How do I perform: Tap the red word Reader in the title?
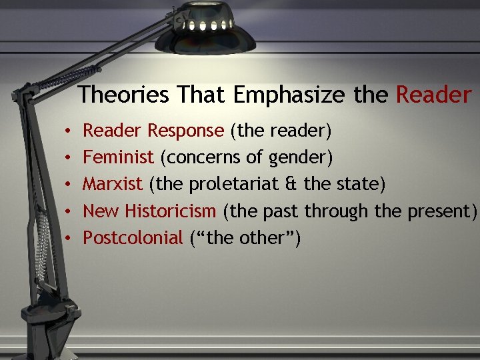pyautogui.click(x=433, y=95)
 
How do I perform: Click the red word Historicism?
pyautogui.click(x=169, y=211)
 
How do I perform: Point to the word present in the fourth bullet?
pyautogui.click(x=440, y=212)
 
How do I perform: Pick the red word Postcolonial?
pyautogui.click(x=132, y=237)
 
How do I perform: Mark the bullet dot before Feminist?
pyautogui.click(x=69, y=158)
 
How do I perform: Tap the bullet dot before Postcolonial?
pyautogui.click(x=69, y=238)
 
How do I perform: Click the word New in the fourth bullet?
pyautogui.click(x=101, y=211)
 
